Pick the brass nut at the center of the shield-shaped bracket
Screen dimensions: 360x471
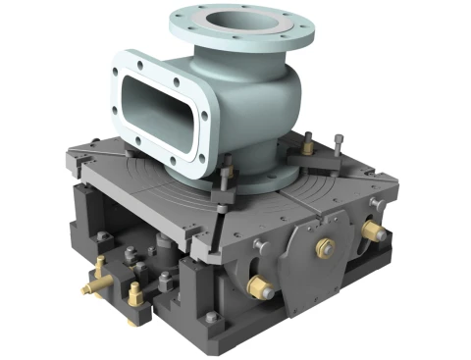tap(321, 248)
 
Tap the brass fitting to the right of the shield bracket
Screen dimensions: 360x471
tap(373, 231)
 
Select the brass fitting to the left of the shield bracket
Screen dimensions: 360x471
tap(261, 287)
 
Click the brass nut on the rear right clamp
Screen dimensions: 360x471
tap(307, 148)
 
